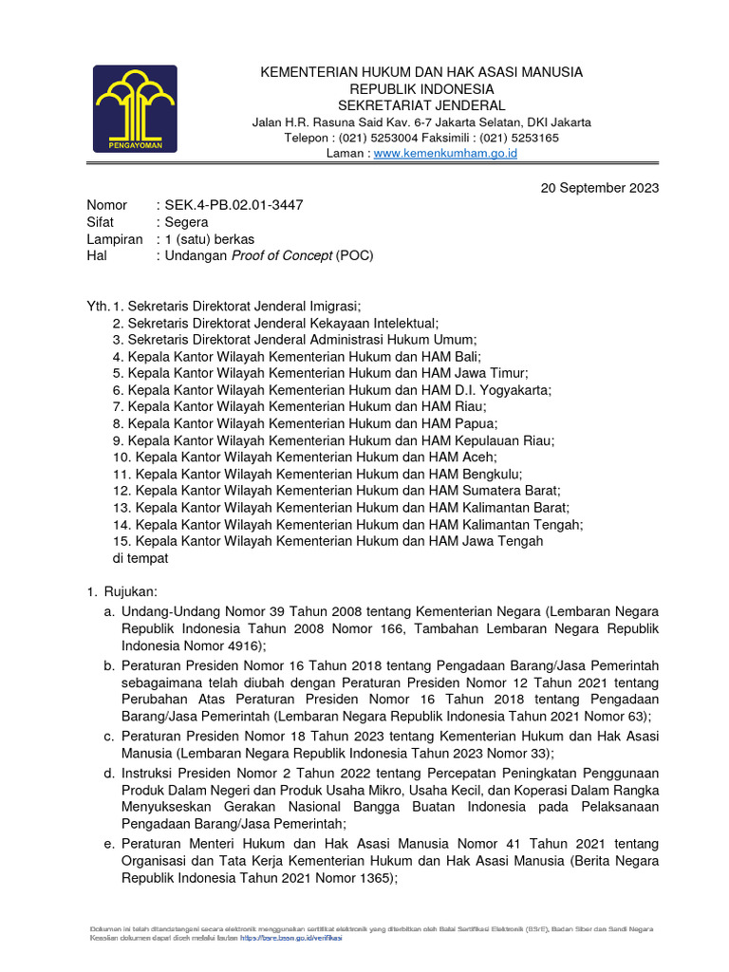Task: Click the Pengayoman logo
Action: (x=134, y=108)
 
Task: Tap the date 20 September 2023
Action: (x=600, y=188)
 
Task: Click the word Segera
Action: (x=186, y=222)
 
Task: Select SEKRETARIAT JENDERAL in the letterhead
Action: (x=422, y=105)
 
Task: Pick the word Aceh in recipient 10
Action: (x=479, y=458)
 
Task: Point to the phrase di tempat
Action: (x=140, y=558)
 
